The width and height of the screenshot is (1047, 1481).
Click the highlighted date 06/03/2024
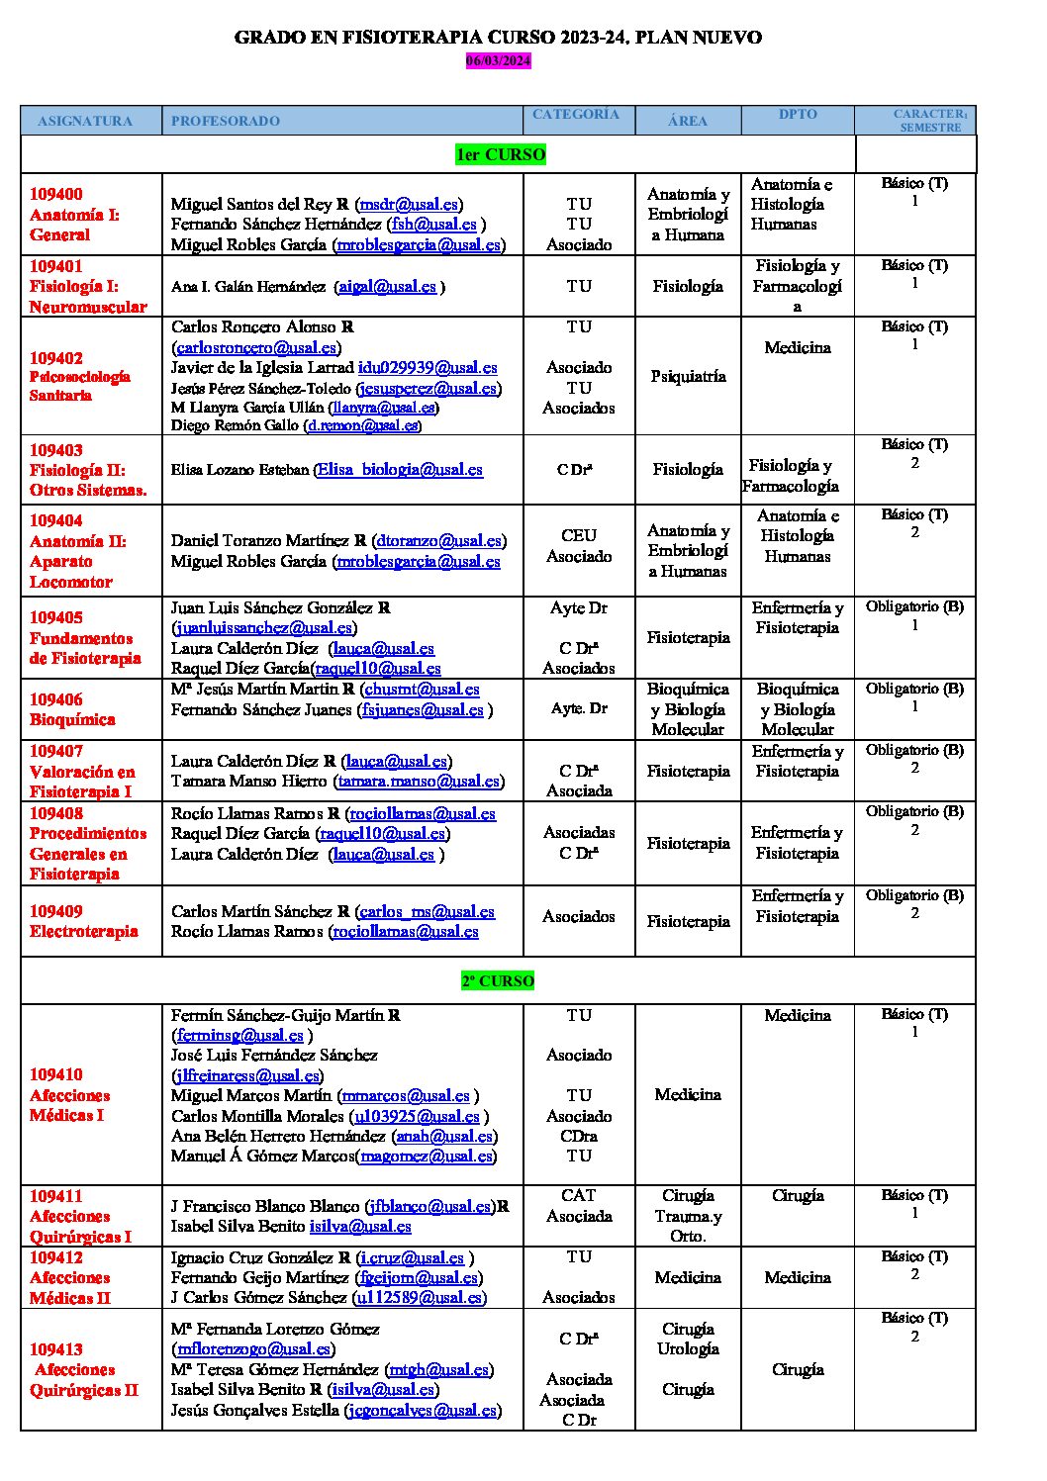pyautogui.click(x=499, y=60)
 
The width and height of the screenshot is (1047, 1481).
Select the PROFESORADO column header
pyautogui.click(x=225, y=121)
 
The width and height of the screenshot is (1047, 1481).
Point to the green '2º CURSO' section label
pyautogui.click(x=498, y=980)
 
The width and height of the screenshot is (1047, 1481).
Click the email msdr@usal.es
pyautogui.click(x=409, y=204)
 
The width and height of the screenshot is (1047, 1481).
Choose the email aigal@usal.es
pyautogui.click(x=387, y=286)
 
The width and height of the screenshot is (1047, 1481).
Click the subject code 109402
pyautogui.click(x=56, y=358)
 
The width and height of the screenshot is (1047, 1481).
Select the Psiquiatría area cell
pyautogui.click(x=688, y=376)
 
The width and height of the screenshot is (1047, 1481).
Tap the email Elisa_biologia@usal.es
pyautogui.click(x=400, y=469)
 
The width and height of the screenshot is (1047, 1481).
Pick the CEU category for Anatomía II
pyautogui.click(x=579, y=535)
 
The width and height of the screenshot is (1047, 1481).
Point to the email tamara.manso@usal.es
pyautogui.click(x=419, y=781)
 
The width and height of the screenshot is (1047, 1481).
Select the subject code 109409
pyautogui.click(x=56, y=911)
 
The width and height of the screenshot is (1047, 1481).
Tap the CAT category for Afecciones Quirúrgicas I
pyautogui.click(x=579, y=1195)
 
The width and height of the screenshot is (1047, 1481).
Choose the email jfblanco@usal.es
pyautogui.click(x=429, y=1206)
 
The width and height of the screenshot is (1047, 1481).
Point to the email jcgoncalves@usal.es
pyautogui.click(x=422, y=1410)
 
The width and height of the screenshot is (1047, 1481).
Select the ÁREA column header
pyautogui.click(x=688, y=121)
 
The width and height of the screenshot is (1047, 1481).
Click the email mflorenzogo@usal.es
pyautogui.click(x=253, y=1348)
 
